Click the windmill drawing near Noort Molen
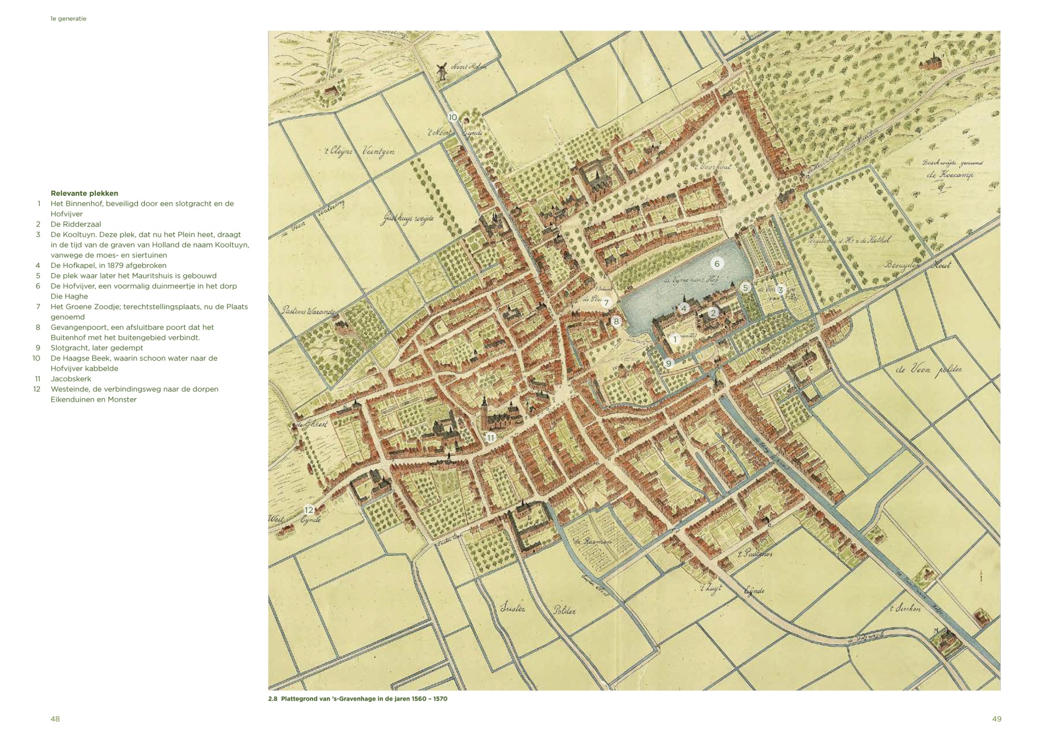point(442,71)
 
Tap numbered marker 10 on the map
point(452,118)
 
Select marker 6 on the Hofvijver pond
point(717,264)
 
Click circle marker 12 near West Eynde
point(309,510)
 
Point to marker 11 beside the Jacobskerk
point(490,437)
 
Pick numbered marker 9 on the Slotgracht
point(669,363)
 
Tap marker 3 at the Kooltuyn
point(780,290)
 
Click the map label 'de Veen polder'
point(928,370)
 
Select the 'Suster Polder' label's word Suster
point(513,609)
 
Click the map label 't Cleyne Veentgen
point(359,151)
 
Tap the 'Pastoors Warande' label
point(307,311)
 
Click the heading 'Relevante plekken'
point(84,193)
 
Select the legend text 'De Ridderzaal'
point(75,224)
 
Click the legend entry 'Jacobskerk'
point(71,379)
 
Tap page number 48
point(55,719)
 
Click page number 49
point(996,719)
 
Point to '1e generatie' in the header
point(68,19)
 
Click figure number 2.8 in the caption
point(272,699)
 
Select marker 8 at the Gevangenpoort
point(615,321)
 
